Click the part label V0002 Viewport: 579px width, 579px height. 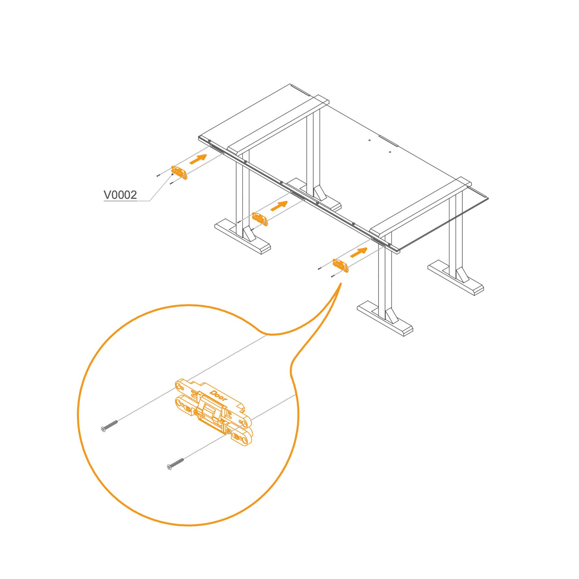point(120,195)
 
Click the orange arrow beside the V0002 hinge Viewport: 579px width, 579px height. point(198,159)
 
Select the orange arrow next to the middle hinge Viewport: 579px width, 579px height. point(279,206)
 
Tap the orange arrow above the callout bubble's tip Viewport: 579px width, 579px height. point(359,252)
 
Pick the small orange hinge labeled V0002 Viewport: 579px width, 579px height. point(179,173)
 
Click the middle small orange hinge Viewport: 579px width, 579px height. point(260,219)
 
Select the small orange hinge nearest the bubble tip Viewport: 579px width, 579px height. point(341,265)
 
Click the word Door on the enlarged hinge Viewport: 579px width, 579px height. point(218,396)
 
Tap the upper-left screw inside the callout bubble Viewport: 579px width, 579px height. point(109,426)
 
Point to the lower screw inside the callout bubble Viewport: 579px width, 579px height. point(175,464)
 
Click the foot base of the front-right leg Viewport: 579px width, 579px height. point(385,318)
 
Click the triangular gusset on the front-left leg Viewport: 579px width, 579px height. point(249,233)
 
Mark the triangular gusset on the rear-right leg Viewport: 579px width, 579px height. point(462,275)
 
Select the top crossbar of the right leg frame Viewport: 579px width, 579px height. point(420,208)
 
